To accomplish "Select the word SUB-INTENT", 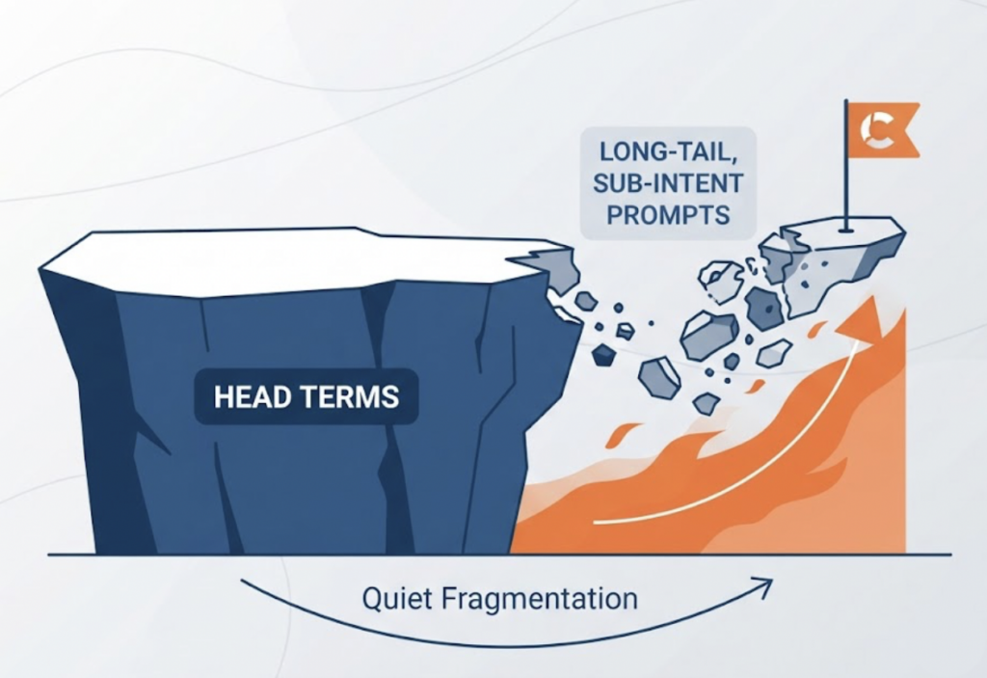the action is tap(668, 184).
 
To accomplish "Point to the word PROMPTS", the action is tap(668, 215).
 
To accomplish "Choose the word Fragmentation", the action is tap(540, 599).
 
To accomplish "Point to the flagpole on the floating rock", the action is tap(846, 165).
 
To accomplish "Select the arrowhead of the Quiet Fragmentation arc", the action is tap(763, 587).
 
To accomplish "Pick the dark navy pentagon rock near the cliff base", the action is tap(603, 355).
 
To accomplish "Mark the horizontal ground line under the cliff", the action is tap(500, 555).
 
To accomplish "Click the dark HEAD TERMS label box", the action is tap(307, 397).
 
